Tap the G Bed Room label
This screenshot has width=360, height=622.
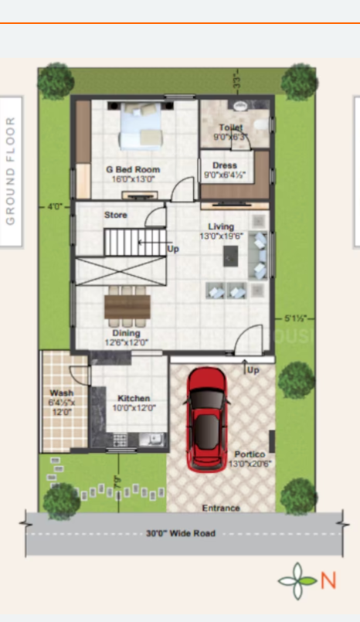pos(133,169)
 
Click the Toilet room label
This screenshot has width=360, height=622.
pos(230,127)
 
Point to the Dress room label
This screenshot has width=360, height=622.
pos(225,165)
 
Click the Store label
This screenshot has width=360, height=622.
pos(116,215)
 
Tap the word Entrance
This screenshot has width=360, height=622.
pos(221,508)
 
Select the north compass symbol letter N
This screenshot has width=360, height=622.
pos(328,580)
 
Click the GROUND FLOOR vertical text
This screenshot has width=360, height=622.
pos(11,171)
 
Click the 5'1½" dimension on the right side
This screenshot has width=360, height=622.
pos(296,318)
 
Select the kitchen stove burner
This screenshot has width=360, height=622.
pos(121,440)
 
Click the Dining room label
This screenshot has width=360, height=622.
pos(126,333)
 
